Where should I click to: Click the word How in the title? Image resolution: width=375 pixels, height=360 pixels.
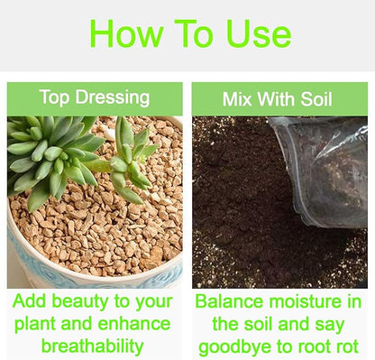[x=126, y=33]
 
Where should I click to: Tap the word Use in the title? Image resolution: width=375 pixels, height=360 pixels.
[x=259, y=33]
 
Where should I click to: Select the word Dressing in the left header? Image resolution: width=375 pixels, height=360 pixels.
[x=113, y=97]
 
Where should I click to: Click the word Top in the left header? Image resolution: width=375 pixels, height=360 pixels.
[x=54, y=97]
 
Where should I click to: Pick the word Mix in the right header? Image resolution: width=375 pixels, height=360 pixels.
[x=237, y=98]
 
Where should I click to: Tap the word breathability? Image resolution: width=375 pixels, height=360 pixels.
[x=93, y=346]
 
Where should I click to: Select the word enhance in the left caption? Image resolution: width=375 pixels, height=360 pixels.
[x=134, y=324]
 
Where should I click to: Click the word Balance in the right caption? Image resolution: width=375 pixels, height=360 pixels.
[x=229, y=301]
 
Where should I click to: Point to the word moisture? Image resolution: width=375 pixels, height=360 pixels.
[x=304, y=301]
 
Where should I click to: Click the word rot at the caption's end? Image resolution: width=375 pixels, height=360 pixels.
[x=346, y=346]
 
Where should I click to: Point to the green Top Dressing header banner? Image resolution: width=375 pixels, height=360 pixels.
[x=95, y=98]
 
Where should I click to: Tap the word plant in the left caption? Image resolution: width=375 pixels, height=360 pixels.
[x=35, y=324]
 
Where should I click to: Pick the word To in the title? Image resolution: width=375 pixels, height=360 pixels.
[x=194, y=33]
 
